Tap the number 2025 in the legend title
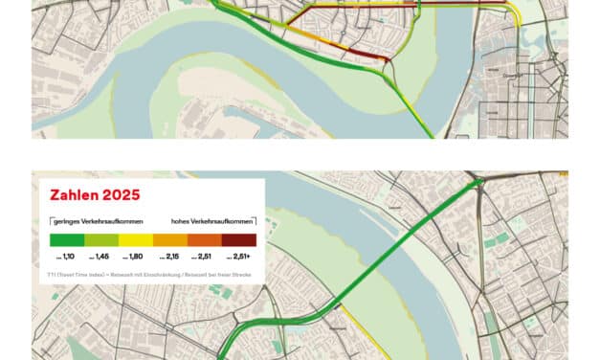coord(122,195)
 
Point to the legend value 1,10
coord(67,258)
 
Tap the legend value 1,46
coord(100,258)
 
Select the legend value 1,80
coord(135,258)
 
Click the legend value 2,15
coord(169,258)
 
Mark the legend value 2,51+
coord(239,258)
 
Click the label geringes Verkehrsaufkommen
coord(90,220)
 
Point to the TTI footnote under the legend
coord(144,276)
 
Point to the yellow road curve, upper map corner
coord(518,14)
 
